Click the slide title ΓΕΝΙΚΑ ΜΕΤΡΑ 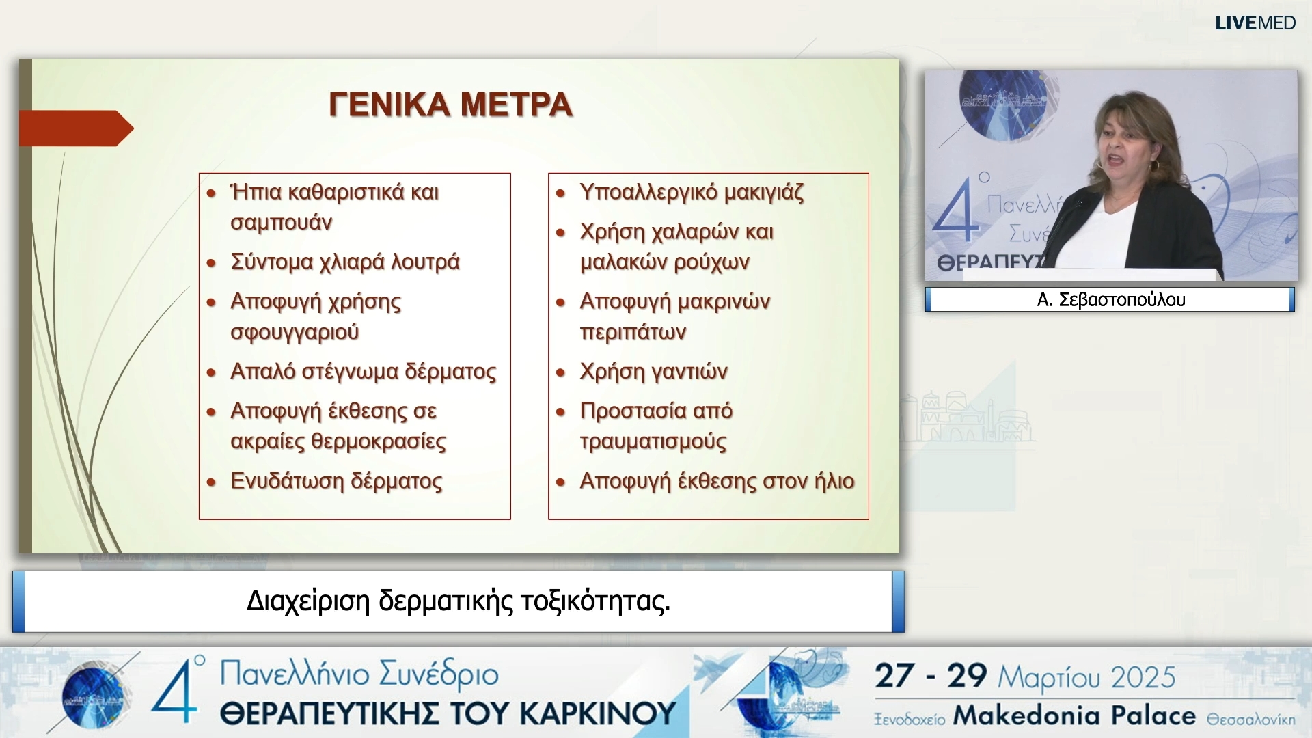click(x=450, y=105)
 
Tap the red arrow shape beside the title click(x=75, y=128)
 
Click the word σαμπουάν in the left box click(x=281, y=223)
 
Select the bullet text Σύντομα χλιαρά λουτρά click(x=345, y=262)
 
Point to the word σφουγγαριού click(x=295, y=332)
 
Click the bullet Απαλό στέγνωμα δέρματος click(x=363, y=371)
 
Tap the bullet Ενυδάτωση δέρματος click(x=336, y=481)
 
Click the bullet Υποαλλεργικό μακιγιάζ click(x=692, y=192)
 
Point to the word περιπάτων click(x=633, y=332)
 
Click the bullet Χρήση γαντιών click(x=653, y=371)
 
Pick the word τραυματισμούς click(x=653, y=441)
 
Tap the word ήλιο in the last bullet click(x=834, y=481)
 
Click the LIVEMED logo click(x=1255, y=23)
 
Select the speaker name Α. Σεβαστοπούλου click(x=1110, y=299)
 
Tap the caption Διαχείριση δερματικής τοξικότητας click(x=458, y=601)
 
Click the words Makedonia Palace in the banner click(x=1074, y=715)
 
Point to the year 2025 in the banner click(x=1143, y=677)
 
